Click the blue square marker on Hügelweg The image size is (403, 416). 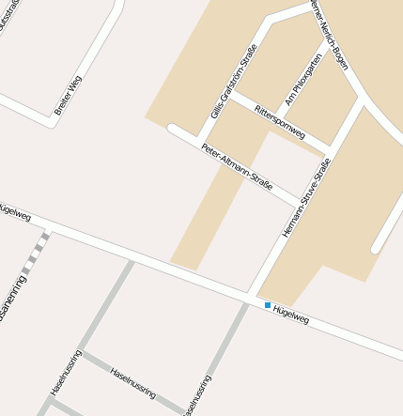click(x=268, y=305)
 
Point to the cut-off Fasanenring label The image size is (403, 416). click(x=12, y=300)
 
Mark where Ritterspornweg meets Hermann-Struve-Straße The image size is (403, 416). click(x=329, y=149)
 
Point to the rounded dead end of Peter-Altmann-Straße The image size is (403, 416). click(x=172, y=129)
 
